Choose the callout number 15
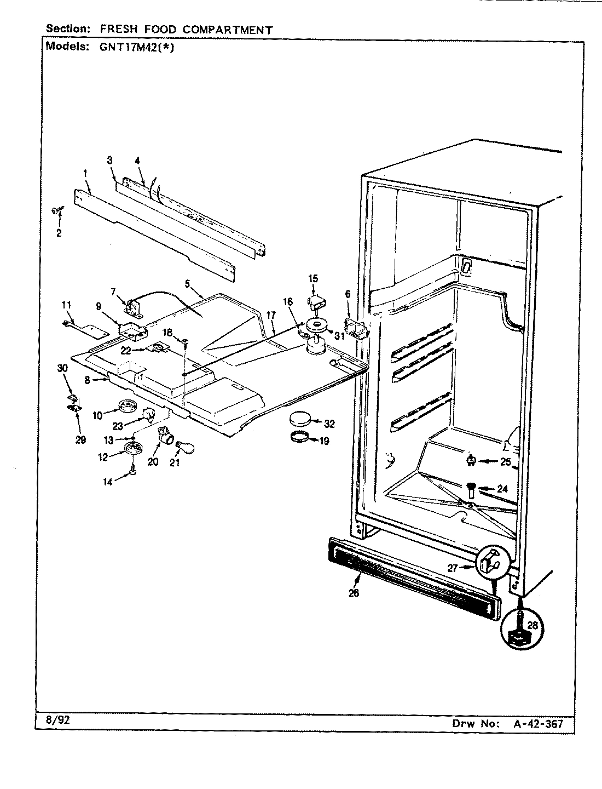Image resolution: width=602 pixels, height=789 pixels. pyautogui.click(x=312, y=278)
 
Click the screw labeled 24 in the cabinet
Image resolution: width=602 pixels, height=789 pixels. pyautogui.click(x=470, y=488)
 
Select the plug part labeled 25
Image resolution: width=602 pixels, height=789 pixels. pyautogui.click(x=470, y=461)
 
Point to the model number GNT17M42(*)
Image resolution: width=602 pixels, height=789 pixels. pyautogui.click(x=136, y=47)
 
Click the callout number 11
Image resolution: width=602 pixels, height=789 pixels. pyautogui.click(x=66, y=304)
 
